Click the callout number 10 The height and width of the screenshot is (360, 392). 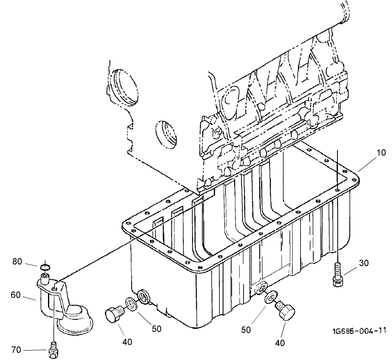pyautogui.click(x=381, y=153)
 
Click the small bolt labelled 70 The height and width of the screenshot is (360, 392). pyautogui.click(x=53, y=349)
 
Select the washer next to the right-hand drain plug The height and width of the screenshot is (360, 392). pyautogui.click(x=270, y=296)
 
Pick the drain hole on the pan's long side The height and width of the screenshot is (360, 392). pyautogui.click(x=260, y=289)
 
